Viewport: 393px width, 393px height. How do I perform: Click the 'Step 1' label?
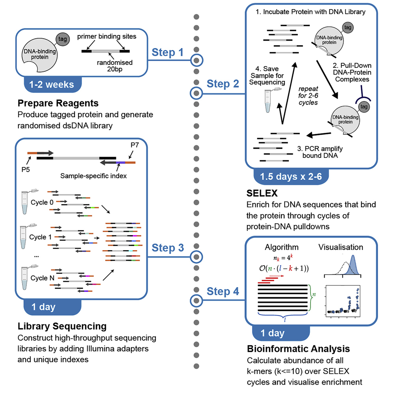168,52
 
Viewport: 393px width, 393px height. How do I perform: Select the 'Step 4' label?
223,292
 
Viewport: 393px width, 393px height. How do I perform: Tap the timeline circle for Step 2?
196,94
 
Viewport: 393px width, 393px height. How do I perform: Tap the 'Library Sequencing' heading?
62,326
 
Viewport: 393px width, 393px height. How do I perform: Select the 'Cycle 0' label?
41,202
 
